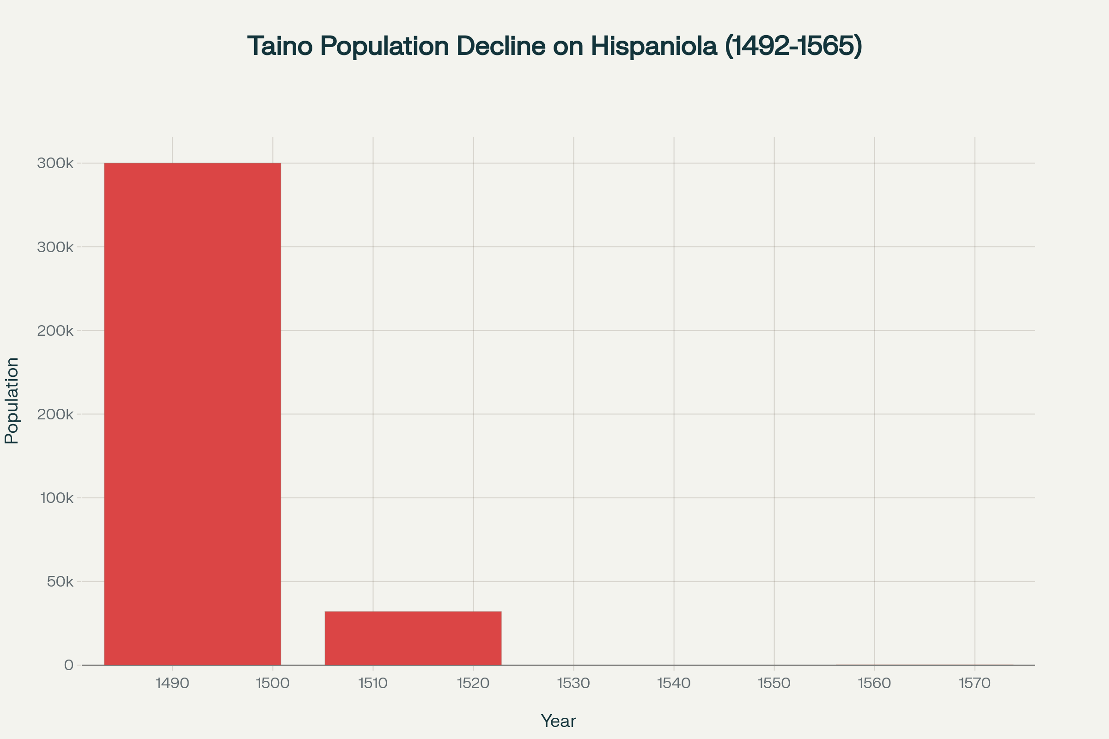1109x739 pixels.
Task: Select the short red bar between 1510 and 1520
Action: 413,638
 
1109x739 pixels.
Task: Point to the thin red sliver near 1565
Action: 924,665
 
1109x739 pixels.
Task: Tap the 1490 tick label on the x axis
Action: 172,684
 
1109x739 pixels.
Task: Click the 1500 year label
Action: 273,684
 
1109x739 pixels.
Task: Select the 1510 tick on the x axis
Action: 373,684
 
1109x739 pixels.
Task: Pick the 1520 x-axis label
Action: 473,684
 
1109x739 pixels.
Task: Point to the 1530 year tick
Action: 573,684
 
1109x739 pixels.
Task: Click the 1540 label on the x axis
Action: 674,684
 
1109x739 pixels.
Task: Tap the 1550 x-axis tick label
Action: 774,684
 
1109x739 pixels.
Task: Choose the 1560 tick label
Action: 874,684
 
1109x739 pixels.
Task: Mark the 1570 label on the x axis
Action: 975,684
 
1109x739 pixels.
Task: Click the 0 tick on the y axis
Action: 69,665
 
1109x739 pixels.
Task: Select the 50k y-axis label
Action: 60,582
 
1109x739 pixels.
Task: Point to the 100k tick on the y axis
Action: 56,498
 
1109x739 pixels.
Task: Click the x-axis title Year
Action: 558,721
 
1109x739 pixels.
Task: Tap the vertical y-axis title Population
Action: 11,400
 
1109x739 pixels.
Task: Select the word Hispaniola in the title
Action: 653,46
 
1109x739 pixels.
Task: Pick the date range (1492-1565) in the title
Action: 793,46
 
